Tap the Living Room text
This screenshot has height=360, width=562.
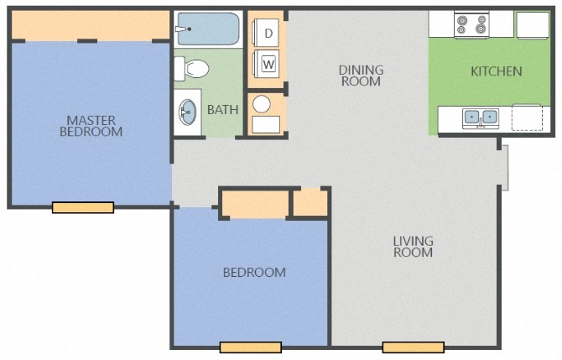click(414, 247)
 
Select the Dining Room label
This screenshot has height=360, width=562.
click(361, 76)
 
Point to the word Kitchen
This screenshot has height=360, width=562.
click(496, 71)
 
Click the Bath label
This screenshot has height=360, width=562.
click(222, 109)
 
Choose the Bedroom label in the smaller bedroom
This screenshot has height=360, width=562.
click(253, 272)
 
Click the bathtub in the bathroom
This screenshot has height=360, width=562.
click(208, 30)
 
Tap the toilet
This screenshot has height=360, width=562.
click(195, 68)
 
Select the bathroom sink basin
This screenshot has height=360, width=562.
click(188, 110)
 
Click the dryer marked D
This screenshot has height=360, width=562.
click(269, 34)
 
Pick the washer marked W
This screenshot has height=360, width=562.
click(269, 63)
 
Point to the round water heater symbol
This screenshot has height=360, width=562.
click(262, 104)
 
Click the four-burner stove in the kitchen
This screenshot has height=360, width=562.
click(471, 25)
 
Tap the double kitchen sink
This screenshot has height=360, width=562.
click(481, 117)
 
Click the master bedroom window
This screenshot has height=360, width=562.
click(82, 207)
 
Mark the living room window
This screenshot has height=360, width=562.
click(413, 347)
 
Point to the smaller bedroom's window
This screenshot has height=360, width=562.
click(250, 347)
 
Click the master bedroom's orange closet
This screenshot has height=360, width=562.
click(91, 26)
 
